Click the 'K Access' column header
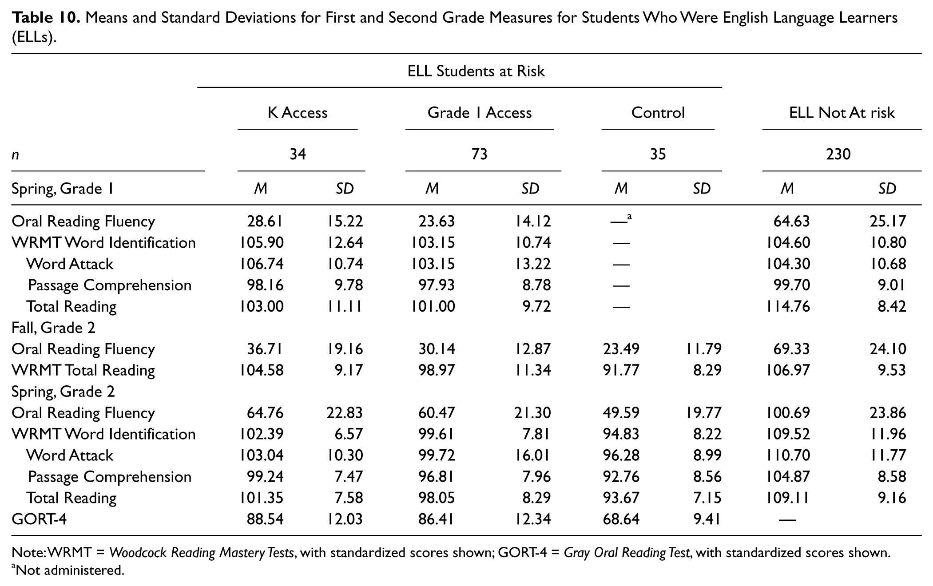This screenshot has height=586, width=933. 297,113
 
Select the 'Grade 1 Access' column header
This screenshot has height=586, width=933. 479,113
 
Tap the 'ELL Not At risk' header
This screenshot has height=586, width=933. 842,113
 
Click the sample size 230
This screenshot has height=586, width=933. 838,154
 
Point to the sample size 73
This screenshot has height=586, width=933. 479,154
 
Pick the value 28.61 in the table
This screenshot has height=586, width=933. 265,221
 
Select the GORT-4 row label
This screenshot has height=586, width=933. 39,519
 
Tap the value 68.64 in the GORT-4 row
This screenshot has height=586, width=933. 621,519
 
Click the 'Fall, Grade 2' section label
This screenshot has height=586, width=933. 53,328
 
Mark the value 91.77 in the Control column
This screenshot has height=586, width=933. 621,370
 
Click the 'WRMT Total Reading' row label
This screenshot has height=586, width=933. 83,370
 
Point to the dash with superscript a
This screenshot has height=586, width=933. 622,219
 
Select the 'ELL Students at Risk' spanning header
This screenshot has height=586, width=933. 476,71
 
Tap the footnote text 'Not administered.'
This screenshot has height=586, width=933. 70,570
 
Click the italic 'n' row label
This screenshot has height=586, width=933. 15,155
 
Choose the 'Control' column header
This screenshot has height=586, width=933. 658,113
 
